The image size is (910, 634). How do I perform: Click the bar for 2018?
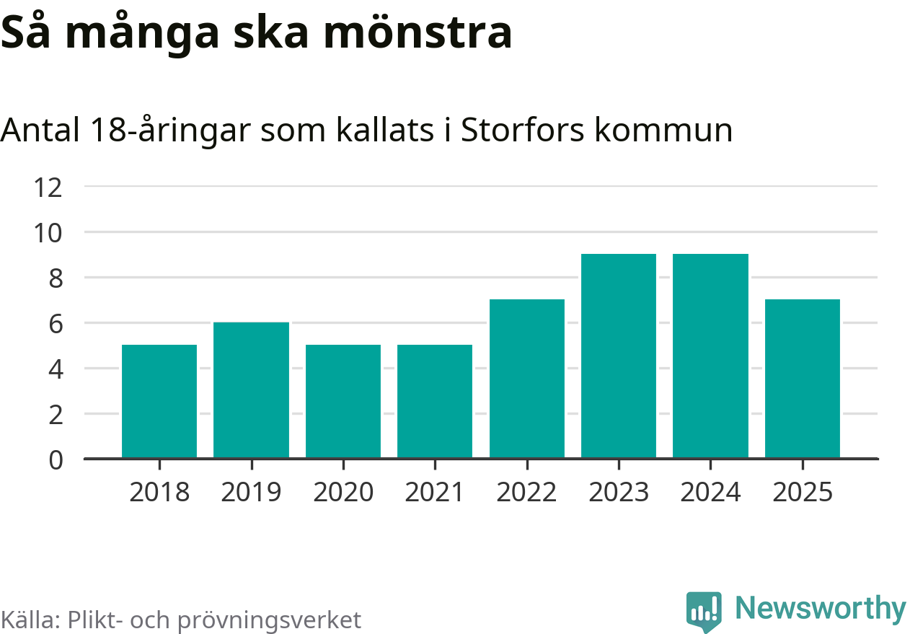click(159, 401)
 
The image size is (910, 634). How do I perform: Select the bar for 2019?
click(251, 389)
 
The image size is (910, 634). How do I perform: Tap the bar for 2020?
click(343, 401)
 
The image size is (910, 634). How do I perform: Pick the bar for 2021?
click(435, 401)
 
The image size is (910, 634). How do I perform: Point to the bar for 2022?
click(526, 379)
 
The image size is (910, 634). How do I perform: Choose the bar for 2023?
click(619, 356)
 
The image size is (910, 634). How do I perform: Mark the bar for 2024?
click(710, 356)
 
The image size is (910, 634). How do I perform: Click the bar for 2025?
click(803, 379)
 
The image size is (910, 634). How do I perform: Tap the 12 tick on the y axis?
click(48, 188)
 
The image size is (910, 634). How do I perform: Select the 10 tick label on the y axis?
click(48, 233)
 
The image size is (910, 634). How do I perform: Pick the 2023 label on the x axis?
click(619, 493)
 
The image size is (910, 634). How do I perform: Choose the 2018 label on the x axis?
click(159, 493)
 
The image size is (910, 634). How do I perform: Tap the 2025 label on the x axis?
click(803, 493)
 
